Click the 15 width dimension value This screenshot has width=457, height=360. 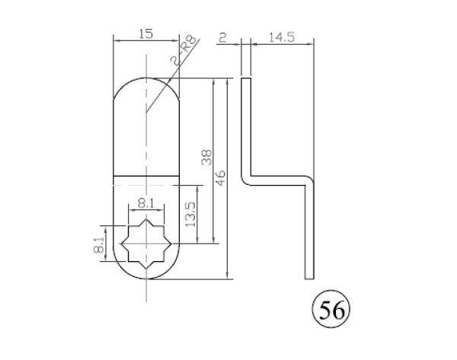146,33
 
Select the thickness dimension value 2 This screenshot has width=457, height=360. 222,37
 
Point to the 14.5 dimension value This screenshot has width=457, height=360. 282,37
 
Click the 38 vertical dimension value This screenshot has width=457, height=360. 206,158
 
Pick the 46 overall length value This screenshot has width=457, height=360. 221,177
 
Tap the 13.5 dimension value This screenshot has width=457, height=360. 190,215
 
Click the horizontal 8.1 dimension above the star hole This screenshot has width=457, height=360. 146,203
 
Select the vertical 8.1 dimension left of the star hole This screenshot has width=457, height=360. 99,244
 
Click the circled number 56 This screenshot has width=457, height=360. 331,309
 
